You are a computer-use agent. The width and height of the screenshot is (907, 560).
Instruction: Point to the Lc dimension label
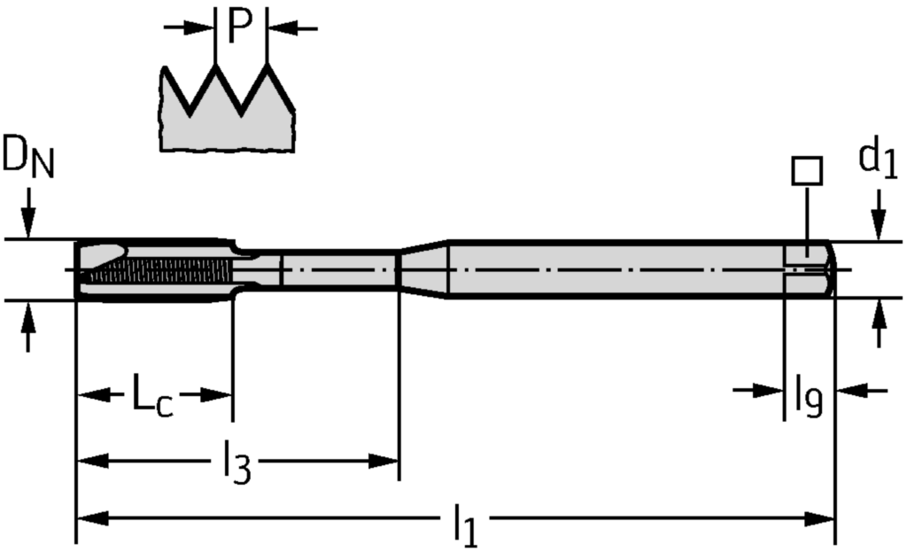[x=152, y=396]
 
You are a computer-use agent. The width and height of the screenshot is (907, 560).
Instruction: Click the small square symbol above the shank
[x=807, y=170]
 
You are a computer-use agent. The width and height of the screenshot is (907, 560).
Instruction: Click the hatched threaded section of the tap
[x=159, y=271]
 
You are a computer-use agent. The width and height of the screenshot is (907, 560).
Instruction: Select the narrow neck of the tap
[x=337, y=268]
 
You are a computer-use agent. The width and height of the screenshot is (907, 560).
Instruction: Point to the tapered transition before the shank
[x=423, y=268]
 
